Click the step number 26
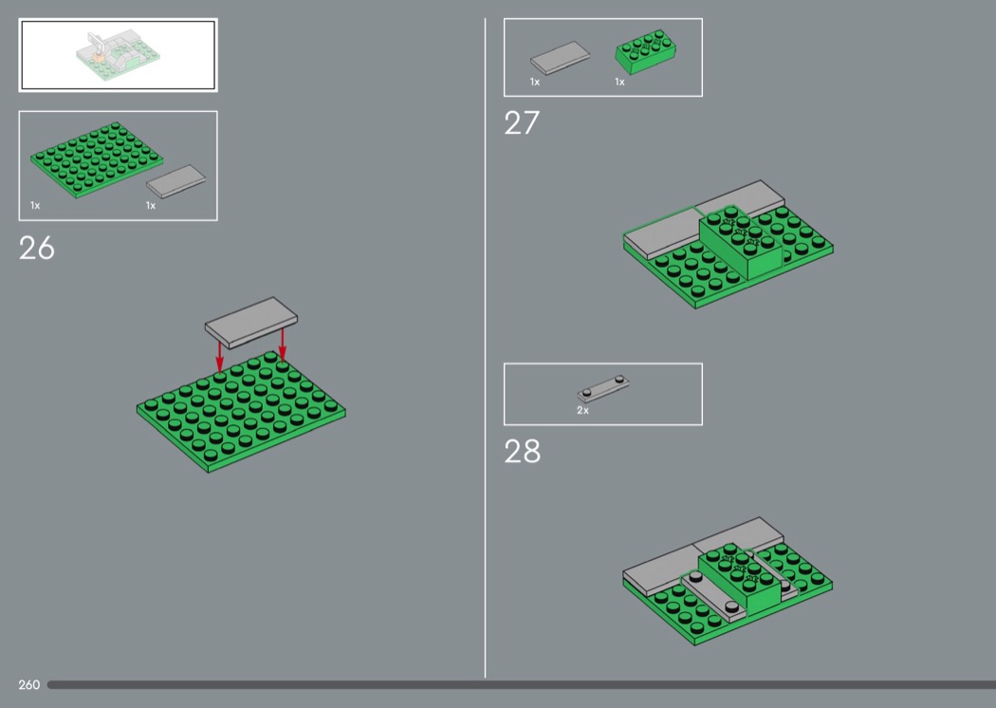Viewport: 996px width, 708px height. point(37,248)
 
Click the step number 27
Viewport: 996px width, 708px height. point(522,122)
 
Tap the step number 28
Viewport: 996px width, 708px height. point(522,451)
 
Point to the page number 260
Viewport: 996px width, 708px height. point(29,684)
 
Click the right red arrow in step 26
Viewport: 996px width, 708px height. point(283,344)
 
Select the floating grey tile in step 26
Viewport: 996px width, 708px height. point(251,323)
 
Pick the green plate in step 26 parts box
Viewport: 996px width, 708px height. point(97,159)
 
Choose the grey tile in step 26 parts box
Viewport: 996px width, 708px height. point(175,181)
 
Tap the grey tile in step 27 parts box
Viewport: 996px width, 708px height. point(560,58)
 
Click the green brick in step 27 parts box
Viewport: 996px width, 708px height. point(645,51)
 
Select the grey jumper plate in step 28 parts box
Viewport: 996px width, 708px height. point(603,388)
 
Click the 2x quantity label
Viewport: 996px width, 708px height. point(582,411)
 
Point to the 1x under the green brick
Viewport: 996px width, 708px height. point(619,82)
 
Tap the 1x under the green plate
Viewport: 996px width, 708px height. point(35,205)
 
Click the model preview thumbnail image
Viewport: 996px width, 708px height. point(119,55)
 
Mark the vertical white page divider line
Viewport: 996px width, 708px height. point(486,347)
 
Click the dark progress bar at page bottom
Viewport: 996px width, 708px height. point(522,684)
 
